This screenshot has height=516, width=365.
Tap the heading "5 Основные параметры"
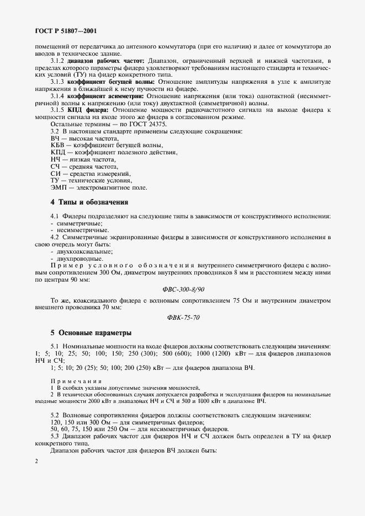click(x=83, y=332)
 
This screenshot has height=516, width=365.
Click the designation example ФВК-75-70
click(x=182, y=318)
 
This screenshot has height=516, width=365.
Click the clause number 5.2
click(x=55, y=414)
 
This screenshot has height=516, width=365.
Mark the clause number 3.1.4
click(x=57, y=95)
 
